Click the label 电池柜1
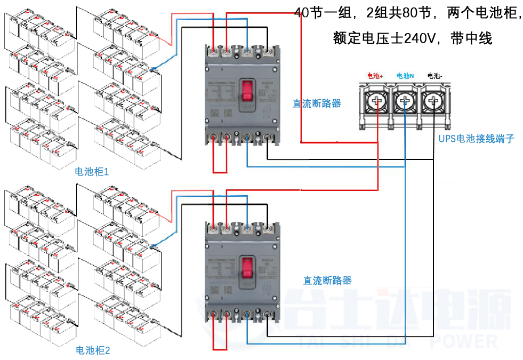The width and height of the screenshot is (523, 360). click(x=92, y=172)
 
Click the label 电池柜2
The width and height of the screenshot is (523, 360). click(x=93, y=350)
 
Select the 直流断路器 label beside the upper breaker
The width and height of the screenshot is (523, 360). click(x=317, y=103)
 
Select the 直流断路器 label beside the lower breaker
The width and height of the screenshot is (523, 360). click(x=327, y=280)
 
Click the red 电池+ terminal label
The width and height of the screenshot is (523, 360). click(x=375, y=76)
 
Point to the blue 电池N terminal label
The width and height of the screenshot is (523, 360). click(x=405, y=76)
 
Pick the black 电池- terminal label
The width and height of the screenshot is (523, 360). click(x=435, y=76)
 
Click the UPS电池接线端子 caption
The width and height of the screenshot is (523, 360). click(x=477, y=139)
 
